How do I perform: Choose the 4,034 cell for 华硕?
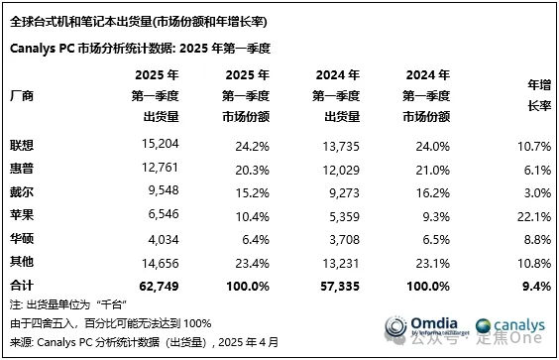(x=158, y=239)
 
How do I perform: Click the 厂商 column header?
(x=21, y=96)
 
